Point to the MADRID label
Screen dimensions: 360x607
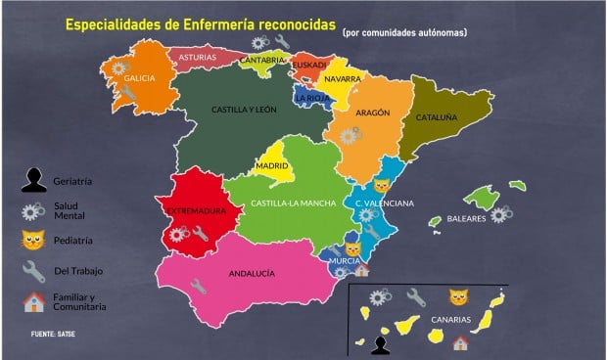point(271,167)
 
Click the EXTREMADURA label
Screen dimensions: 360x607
point(196,210)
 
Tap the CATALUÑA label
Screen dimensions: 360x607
point(436,116)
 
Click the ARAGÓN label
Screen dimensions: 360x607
point(373,113)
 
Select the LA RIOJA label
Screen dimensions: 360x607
point(311,98)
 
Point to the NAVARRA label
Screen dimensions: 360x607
point(343,78)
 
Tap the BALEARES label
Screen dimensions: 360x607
point(467,219)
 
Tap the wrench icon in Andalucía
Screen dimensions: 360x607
point(199,287)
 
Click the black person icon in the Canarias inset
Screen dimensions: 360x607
point(380,343)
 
